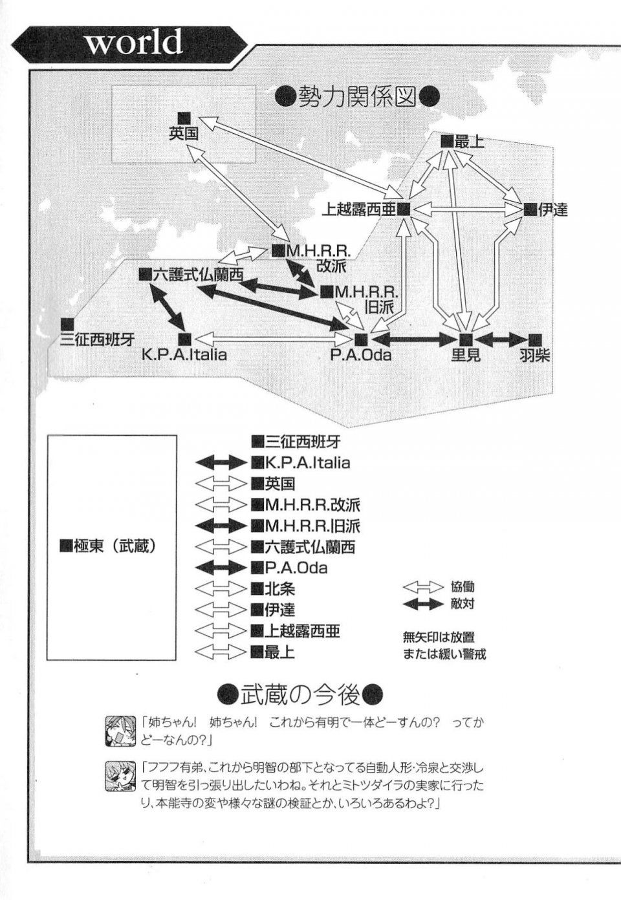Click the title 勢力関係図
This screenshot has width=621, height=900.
(356, 96)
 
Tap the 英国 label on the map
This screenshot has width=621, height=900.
(184, 133)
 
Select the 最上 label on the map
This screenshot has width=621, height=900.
(469, 142)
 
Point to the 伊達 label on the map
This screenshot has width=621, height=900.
(552, 209)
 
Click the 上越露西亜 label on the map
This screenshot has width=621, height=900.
(359, 209)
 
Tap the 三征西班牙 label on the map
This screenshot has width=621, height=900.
(97, 340)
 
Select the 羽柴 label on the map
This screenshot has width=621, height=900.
(534, 355)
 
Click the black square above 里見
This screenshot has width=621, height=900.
(465, 339)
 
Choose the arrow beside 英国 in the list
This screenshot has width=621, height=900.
(221, 484)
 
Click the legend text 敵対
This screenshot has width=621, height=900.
(463, 603)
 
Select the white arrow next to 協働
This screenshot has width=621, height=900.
(422, 587)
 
